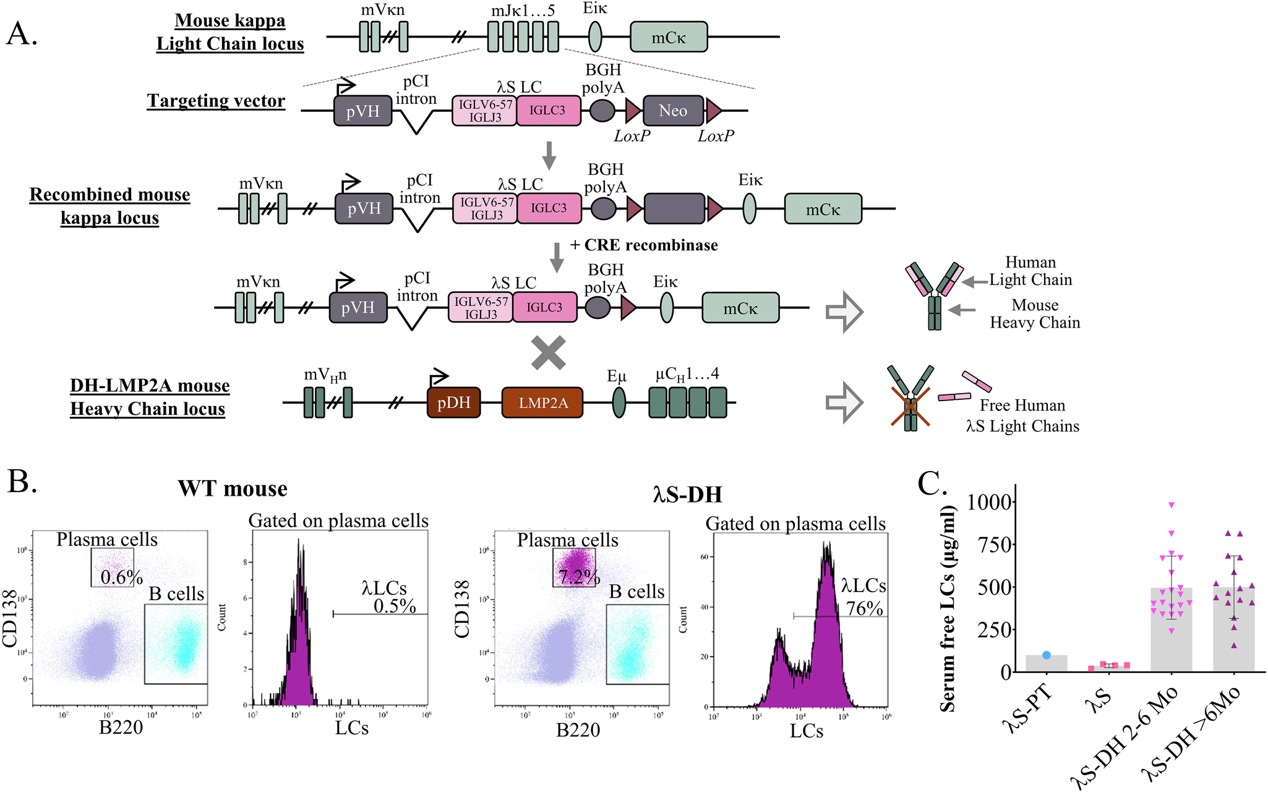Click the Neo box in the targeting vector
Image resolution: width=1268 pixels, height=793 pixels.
point(673,111)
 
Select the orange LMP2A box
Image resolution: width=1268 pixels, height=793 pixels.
point(542,403)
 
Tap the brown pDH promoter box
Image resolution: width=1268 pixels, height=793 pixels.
point(453,403)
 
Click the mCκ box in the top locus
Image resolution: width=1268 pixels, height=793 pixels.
point(668,37)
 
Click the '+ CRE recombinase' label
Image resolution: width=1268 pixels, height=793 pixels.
point(644,245)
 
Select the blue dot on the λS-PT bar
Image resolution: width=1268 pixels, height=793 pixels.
point(1046,655)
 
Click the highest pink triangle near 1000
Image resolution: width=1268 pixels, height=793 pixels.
point(1171,505)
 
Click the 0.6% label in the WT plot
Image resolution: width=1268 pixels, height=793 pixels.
point(121,577)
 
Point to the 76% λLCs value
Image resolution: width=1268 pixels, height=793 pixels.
point(864,608)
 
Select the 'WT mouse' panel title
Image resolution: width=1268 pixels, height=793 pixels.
point(233,488)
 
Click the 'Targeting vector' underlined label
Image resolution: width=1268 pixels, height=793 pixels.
point(216,101)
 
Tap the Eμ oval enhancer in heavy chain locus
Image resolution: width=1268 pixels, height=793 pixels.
point(619,403)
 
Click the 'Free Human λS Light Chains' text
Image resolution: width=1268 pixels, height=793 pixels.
point(1022,415)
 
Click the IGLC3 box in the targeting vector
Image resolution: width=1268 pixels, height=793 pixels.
point(548,111)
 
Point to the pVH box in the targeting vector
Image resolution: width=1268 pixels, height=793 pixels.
point(362,111)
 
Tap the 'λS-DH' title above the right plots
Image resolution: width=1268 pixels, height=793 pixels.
point(687,494)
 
